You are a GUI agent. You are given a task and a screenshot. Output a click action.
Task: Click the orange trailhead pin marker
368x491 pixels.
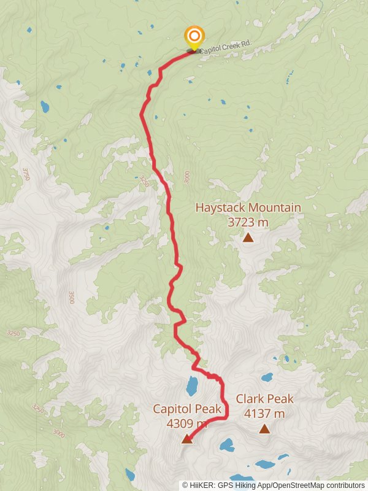194,36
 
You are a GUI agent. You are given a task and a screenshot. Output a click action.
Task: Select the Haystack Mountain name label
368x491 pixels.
248,207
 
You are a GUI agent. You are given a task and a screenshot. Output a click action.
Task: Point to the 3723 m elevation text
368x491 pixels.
248,222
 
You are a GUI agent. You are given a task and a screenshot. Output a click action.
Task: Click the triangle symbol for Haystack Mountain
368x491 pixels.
248,238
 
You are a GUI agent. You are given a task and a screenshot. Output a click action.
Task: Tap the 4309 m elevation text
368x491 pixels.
186,423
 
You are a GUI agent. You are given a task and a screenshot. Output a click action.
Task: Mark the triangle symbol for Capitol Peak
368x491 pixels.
186,438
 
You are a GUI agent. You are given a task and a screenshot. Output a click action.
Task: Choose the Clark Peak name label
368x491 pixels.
264,399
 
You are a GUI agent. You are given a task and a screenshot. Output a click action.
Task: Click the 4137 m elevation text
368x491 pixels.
264,414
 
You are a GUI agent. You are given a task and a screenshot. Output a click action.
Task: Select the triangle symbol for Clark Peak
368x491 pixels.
264,429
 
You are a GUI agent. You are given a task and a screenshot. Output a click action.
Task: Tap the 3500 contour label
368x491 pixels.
71,297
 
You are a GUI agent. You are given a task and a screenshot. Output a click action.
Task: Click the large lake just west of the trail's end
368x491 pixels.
192,386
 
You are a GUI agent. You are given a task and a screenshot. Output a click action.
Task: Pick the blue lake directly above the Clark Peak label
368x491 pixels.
267,377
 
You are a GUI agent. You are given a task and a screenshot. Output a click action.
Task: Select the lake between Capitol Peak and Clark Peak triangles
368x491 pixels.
227,444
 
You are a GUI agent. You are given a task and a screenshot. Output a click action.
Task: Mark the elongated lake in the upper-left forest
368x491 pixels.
45,107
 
